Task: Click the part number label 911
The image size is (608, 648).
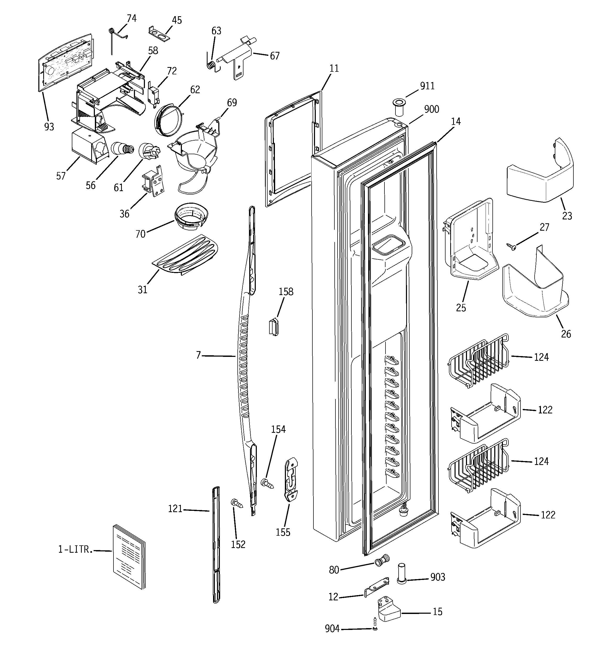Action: (x=427, y=86)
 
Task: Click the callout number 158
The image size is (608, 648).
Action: (x=286, y=292)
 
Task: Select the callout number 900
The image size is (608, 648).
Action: (x=431, y=109)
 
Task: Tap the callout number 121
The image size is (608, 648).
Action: (x=175, y=509)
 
